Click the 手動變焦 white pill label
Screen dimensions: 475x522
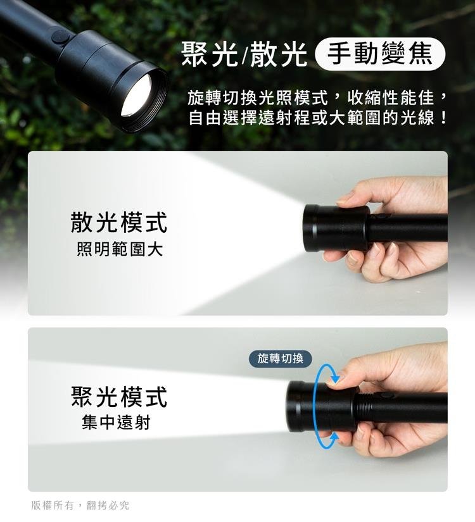point(379,54)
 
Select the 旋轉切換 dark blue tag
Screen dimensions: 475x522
point(281,359)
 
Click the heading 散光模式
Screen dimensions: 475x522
point(118,222)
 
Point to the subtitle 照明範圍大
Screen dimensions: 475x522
point(119,249)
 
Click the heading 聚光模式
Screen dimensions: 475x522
point(118,396)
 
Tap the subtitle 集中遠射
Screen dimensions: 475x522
point(116,422)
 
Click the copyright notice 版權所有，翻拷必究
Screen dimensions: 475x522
point(80,505)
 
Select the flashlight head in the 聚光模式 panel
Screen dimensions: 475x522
point(321,406)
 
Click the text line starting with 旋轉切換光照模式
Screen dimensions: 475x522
point(317,97)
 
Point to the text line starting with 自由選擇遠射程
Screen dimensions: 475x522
point(317,118)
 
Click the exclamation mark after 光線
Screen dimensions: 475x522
point(443,118)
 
